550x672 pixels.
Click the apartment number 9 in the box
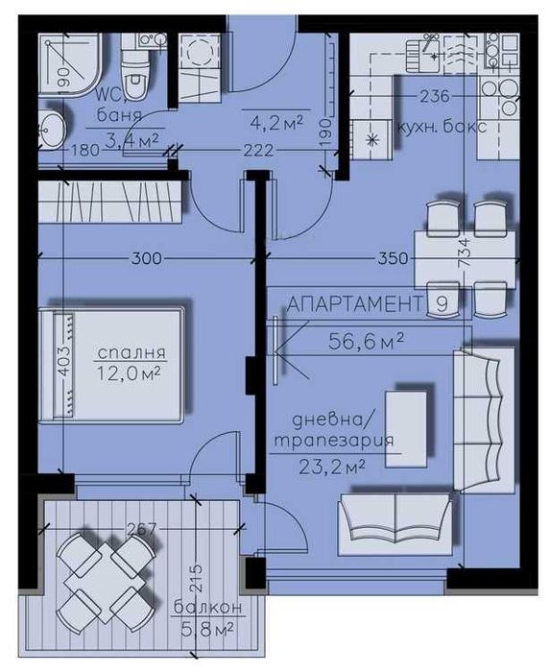(441, 304)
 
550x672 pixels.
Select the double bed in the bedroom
(112, 363)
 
